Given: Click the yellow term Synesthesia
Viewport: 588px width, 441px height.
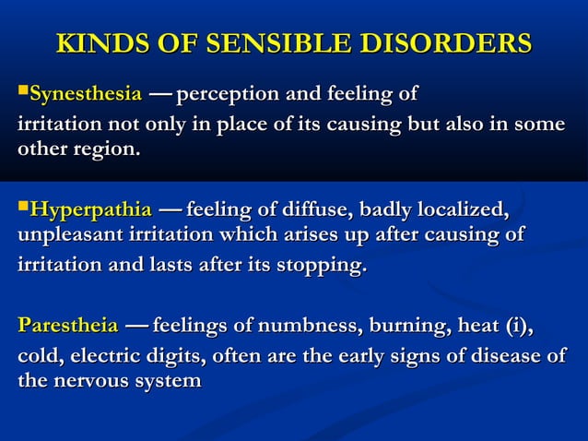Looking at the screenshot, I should pyautogui.click(x=86, y=94).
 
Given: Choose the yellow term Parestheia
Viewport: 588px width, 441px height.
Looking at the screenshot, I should pyautogui.click(x=68, y=326).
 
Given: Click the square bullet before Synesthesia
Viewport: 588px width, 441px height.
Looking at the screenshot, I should pyautogui.click(x=23, y=93).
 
